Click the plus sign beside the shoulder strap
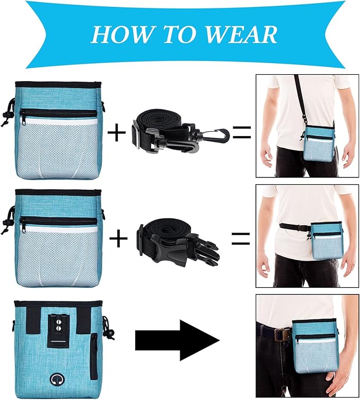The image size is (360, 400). click(117, 132)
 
